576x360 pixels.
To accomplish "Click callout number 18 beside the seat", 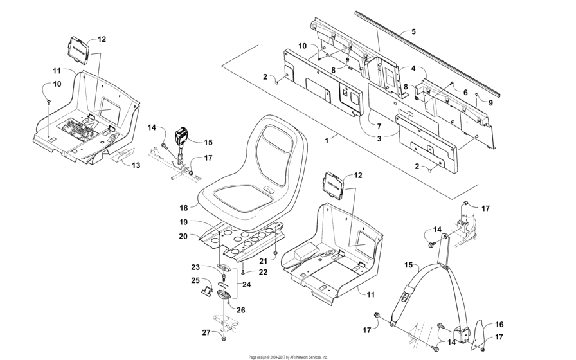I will (x=184, y=208).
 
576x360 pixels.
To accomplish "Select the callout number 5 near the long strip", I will (x=413, y=31).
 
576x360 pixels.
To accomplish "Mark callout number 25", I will (x=195, y=280).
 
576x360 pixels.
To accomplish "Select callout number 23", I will (x=196, y=267).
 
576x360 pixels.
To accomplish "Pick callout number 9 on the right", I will (x=490, y=102).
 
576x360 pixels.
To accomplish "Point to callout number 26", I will (x=242, y=310).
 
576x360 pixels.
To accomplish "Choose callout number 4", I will (x=413, y=68).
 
